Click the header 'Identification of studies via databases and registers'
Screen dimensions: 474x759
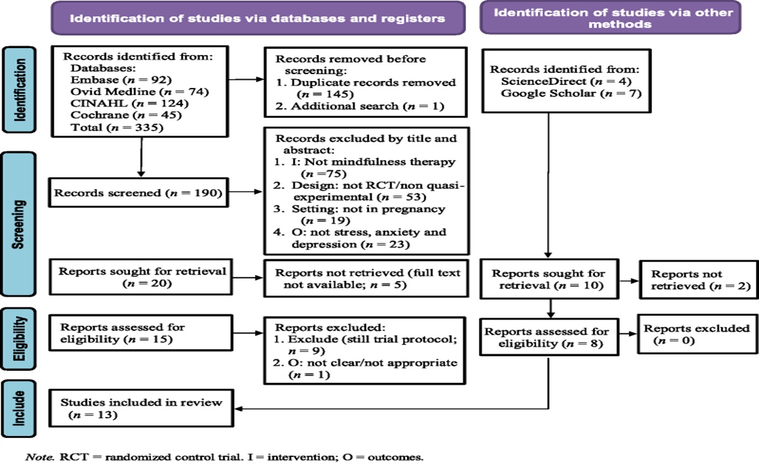257,18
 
